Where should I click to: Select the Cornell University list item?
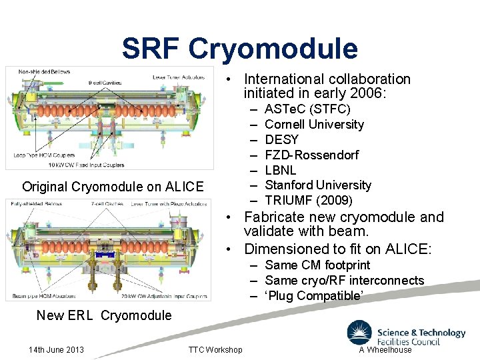(x=314, y=124)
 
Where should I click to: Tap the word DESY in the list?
(x=281, y=139)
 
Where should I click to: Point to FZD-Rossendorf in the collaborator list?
(x=311, y=155)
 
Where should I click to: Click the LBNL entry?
(x=281, y=170)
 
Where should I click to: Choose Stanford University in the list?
(x=318, y=185)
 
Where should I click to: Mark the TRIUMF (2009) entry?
(x=309, y=200)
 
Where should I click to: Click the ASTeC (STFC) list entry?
(x=307, y=109)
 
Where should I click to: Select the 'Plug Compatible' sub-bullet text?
(x=314, y=295)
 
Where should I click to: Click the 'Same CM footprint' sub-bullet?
(x=317, y=265)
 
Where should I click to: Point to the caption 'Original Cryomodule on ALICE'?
(x=113, y=187)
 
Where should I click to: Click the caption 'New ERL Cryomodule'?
(x=104, y=315)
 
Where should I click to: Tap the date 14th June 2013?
(x=56, y=349)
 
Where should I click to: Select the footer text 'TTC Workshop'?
(x=215, y=349)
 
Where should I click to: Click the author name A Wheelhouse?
(x=385, y=349)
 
